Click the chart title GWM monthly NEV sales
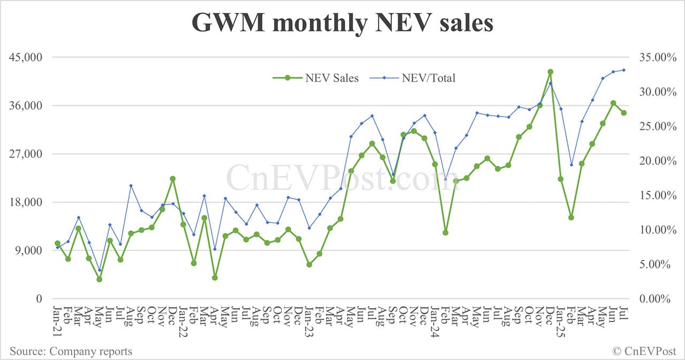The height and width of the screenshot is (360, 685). [x=342, y=23]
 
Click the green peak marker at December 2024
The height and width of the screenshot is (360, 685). [x=550, y=72]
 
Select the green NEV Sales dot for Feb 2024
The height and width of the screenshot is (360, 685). [x=445, y=232]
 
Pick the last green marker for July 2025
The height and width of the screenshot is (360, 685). [x=623, y=113]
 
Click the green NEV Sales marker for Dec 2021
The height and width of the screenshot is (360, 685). [x=173, y=179]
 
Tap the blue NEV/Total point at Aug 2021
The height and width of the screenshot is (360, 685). [x=131, y=186]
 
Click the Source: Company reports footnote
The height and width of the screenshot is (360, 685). [x=71, y=351]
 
